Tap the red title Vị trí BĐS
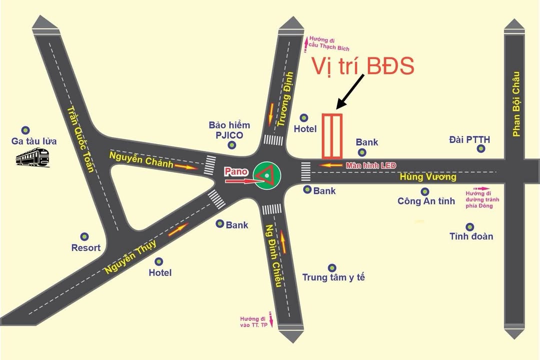click(x=363, y=66)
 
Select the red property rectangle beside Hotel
click(x=331, y=135)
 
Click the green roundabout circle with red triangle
click(x=266, y=175)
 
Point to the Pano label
click(x=236, y=171)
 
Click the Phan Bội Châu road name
click(x=516, y=104)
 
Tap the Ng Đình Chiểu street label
click(x=273, y=256)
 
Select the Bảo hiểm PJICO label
click(x=229, y=130)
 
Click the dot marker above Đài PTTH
click(x=480, y=148)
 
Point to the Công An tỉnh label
click(x=426, y=201)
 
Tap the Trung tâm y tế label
click(x=333, y=277)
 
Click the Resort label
click(x=85, y=247)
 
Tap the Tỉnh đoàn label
click(x=471, y=236)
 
